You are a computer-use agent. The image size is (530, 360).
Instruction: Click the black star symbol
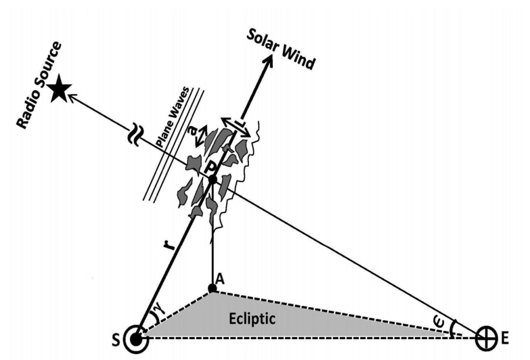60,89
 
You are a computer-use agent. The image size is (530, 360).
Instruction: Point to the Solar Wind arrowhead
268,60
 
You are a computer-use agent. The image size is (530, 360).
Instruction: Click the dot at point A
213,290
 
